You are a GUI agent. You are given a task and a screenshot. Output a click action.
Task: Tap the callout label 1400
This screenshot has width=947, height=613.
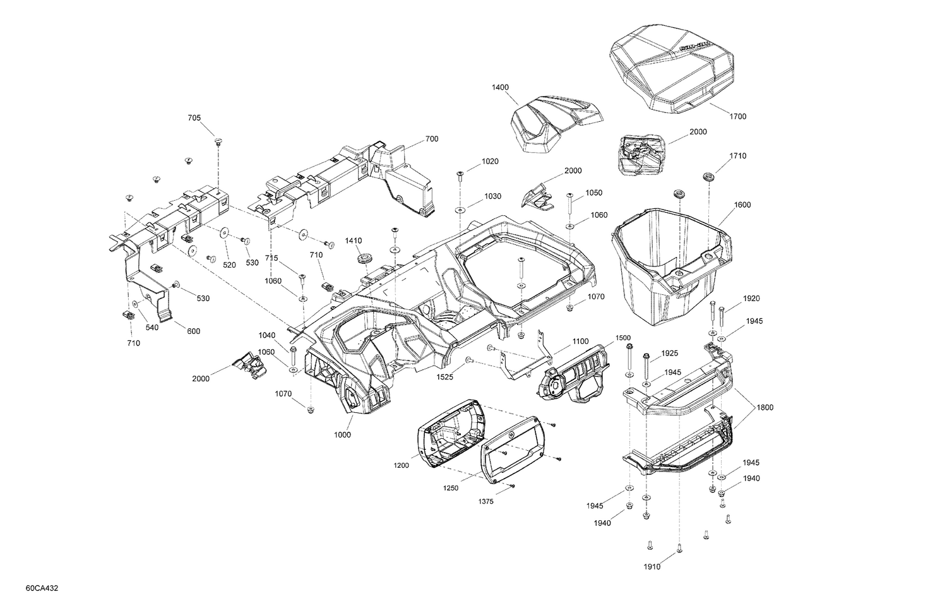click(500, 87)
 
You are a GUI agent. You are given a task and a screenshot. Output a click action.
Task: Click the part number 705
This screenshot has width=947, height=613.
click(194, 118)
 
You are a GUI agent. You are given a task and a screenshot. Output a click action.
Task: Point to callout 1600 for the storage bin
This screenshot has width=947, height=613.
click(742, 205)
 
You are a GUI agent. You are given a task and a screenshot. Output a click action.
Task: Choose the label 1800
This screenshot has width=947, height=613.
click(765, 407)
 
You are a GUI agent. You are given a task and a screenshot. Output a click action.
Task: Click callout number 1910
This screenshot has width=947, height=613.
click(652, 566)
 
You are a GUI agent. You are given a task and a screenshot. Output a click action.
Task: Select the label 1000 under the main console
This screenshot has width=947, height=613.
click(343, 435)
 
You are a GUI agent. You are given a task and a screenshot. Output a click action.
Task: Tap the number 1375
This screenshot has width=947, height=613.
click(485, 501)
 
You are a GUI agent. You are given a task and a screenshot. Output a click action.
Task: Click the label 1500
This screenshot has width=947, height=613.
click(622, 338)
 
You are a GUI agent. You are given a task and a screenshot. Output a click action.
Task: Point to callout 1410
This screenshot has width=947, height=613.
click(354, 241)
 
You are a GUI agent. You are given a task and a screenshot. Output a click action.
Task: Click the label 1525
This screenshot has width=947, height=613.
click(446, 377)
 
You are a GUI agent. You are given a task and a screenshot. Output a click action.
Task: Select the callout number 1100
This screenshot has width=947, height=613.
click(580, 342)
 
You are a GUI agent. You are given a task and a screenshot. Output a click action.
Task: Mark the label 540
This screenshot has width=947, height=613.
click(152, 327)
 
